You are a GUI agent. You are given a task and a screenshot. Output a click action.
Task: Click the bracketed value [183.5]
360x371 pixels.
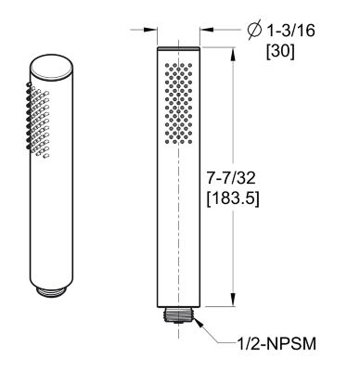pos(265,198)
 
